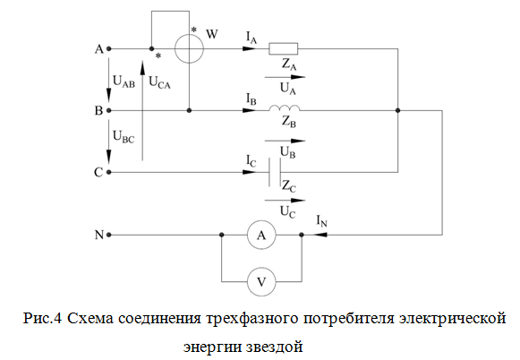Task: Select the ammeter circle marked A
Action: (x=247, y=235)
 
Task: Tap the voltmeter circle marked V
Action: (x=247, y=282)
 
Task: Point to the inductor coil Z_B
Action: (x=285, y=107)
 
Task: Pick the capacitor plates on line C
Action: (x=275, y=172)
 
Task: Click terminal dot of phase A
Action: (x=109, y=48)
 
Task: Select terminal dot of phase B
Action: (x=109, y=110)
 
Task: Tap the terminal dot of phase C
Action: (x=109, y=172)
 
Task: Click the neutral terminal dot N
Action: (x=109, y=235)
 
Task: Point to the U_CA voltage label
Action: (x=160, y=82)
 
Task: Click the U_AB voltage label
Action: (x=124, y=81)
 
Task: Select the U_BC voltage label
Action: (x=124, y=137)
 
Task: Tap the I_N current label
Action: (x=321, y=221)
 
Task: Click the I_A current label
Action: (x=251, y=38)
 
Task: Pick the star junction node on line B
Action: (x=398, y=110)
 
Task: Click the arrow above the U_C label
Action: (x=285, y=201)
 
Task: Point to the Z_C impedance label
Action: (x=289, y=186)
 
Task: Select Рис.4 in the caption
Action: (x=42, y=318)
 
